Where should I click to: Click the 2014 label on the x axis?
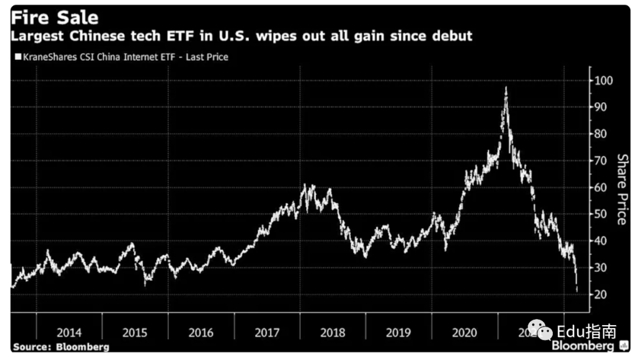click(69, 332)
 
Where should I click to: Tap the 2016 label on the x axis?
click(201, 332)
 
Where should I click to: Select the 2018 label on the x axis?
click(333, 332)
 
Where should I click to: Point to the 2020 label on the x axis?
click(464, 332)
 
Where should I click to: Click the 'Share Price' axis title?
click(622, 189)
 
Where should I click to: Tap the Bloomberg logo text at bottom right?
click(584, 346)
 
